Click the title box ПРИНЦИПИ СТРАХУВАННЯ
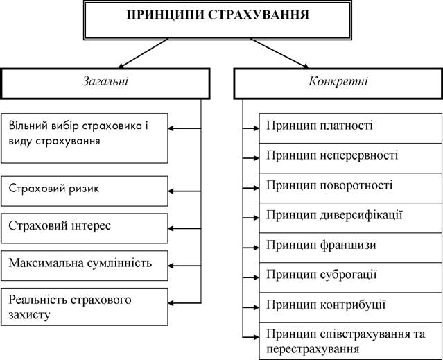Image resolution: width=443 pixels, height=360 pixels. (x=218, y=20)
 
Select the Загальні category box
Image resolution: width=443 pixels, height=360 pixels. (x=105, y=84)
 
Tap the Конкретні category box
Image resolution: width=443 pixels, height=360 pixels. (x=338, y=84)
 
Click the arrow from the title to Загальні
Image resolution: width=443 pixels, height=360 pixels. (x=143, y=53)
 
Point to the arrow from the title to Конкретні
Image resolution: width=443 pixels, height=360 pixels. (x=279, y=53)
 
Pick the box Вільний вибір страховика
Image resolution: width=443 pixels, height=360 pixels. (x=85, y=138)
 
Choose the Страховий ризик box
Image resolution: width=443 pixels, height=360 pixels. (x=85, y=191)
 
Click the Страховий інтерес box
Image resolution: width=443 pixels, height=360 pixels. (x=85, y=228)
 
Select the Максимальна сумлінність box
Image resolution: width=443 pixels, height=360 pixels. (x=85, y=266)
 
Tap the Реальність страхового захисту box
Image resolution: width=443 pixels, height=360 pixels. (x=85, y=307)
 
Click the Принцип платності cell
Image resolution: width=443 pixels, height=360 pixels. (x=351, y=128)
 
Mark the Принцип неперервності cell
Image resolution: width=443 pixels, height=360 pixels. (x=351, y=158)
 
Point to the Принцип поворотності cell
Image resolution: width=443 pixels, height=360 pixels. (x=351, y=188)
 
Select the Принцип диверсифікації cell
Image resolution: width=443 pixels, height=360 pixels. (x=351, y=218)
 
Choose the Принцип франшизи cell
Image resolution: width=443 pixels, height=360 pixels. (x=351, y=248)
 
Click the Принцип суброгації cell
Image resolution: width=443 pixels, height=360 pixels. (x=351, y=277)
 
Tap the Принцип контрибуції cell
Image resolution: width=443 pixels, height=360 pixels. (x=351, y=307)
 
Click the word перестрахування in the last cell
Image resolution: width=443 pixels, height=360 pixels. (x=313, y=350)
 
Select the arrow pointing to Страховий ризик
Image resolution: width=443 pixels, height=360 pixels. (x=184, y=191)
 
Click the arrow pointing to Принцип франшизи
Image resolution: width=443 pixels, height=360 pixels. (x=251, y=248)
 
